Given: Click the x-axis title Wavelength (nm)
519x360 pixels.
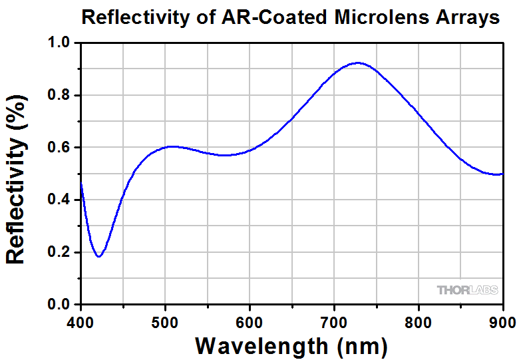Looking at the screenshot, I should (291, 346).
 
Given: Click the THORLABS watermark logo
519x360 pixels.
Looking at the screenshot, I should (466, 290).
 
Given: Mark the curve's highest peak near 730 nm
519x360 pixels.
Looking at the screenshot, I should (358, 63).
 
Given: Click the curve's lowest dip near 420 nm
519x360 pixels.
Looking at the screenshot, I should (98, 256).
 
